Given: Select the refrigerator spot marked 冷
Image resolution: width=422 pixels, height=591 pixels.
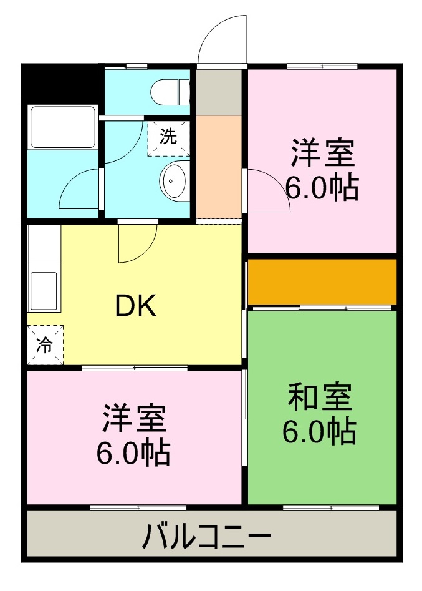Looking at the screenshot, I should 45,344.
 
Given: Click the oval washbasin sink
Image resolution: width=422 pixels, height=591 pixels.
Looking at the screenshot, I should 174,182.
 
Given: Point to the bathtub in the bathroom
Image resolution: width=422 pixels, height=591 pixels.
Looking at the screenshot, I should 62,127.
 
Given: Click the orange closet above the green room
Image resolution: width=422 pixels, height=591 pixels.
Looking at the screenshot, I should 322,282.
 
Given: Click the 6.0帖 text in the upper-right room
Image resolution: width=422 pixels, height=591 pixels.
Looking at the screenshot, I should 322,187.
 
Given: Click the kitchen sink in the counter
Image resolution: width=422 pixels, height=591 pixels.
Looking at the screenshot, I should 43,290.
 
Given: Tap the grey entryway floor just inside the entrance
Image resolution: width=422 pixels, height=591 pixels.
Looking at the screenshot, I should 219,92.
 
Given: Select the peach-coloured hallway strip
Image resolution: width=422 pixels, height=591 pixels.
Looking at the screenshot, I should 219,165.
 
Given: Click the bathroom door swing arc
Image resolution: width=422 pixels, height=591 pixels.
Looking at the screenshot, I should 79,190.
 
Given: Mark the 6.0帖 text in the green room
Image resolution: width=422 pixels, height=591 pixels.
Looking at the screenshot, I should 319,432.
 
